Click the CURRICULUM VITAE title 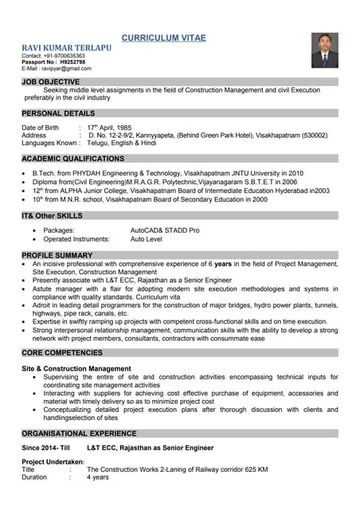163,37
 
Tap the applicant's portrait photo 324,49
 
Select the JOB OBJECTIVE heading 51,82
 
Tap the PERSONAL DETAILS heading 58,114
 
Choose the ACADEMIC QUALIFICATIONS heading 73,159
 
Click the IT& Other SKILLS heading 52,216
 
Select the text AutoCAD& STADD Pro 165,230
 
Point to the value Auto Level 147,239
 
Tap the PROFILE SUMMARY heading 57,255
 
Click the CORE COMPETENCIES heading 62,352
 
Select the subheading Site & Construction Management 76,369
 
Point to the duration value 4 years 98,477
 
